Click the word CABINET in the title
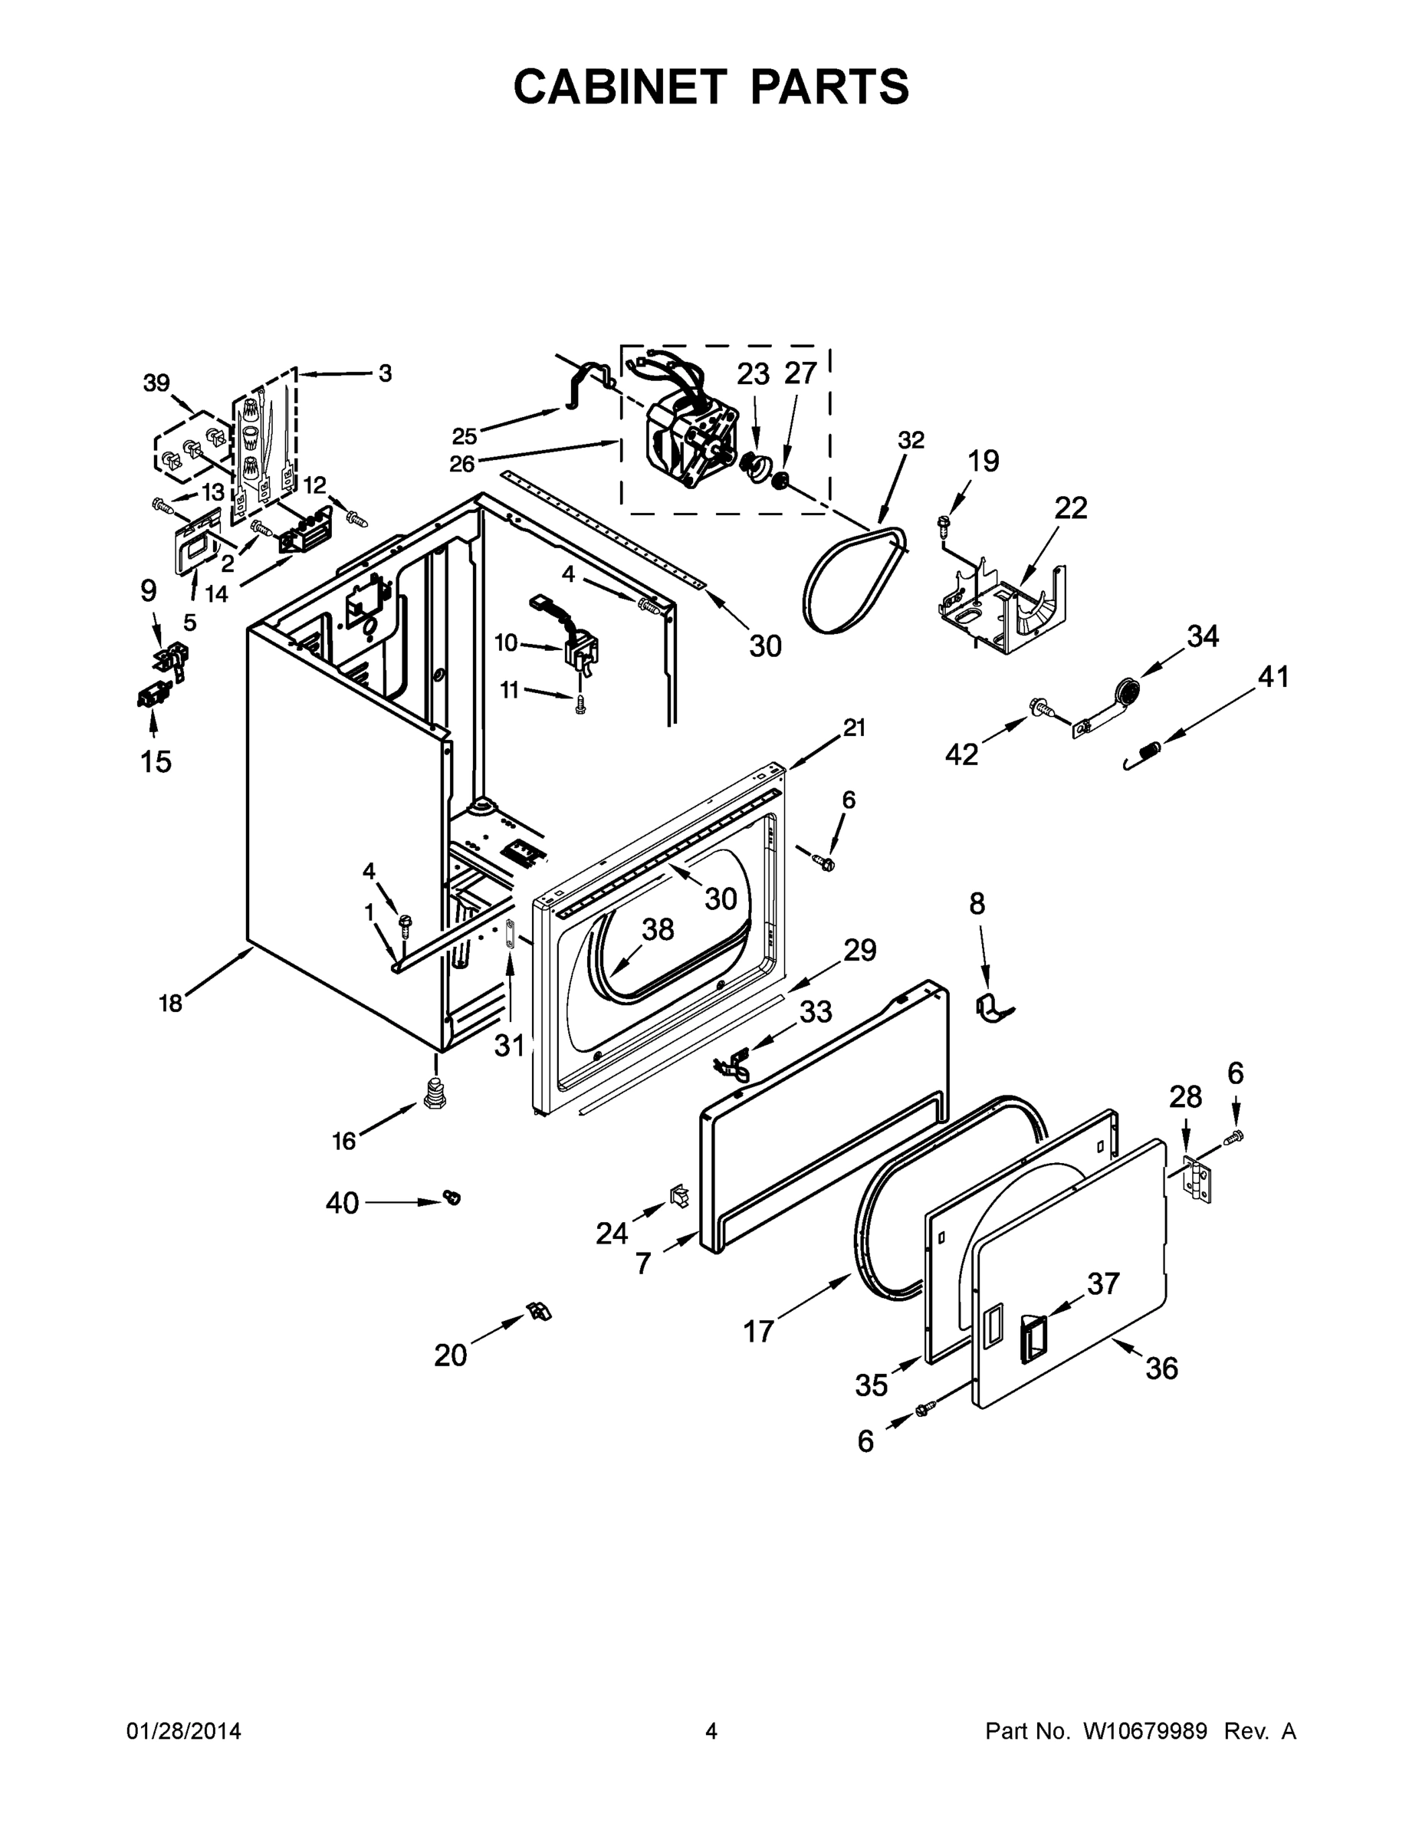tap(619, 87)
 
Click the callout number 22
tap(1070, 508)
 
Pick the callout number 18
tap(170, 1003)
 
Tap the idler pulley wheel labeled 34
tap(1125, 692)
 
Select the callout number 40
tap(342, 1203)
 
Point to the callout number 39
tap(156, 383)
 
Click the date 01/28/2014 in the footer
tap(184, 1731)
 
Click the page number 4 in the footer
tap(711, 1731)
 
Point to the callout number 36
tap(1161, 1368)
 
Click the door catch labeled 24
tap(678, 1194)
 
